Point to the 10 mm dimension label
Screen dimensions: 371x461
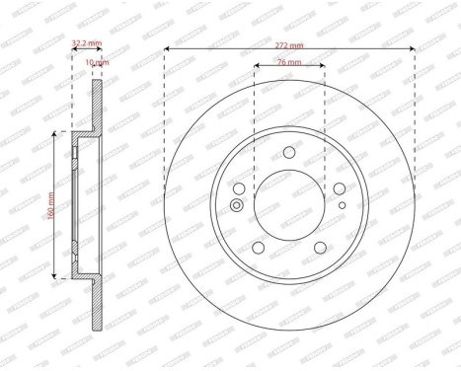pyautogui.click(x=98, y=61)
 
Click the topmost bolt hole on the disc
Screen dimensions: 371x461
pyautogui.click(x=289, y=152)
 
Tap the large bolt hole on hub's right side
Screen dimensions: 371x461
pyautogui.click(x=340, y=189)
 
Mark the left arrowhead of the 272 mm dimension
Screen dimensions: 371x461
pyautogui.click(x=167, y=48)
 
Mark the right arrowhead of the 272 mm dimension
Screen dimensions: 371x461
pyautogui.click(x=412, y=48)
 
